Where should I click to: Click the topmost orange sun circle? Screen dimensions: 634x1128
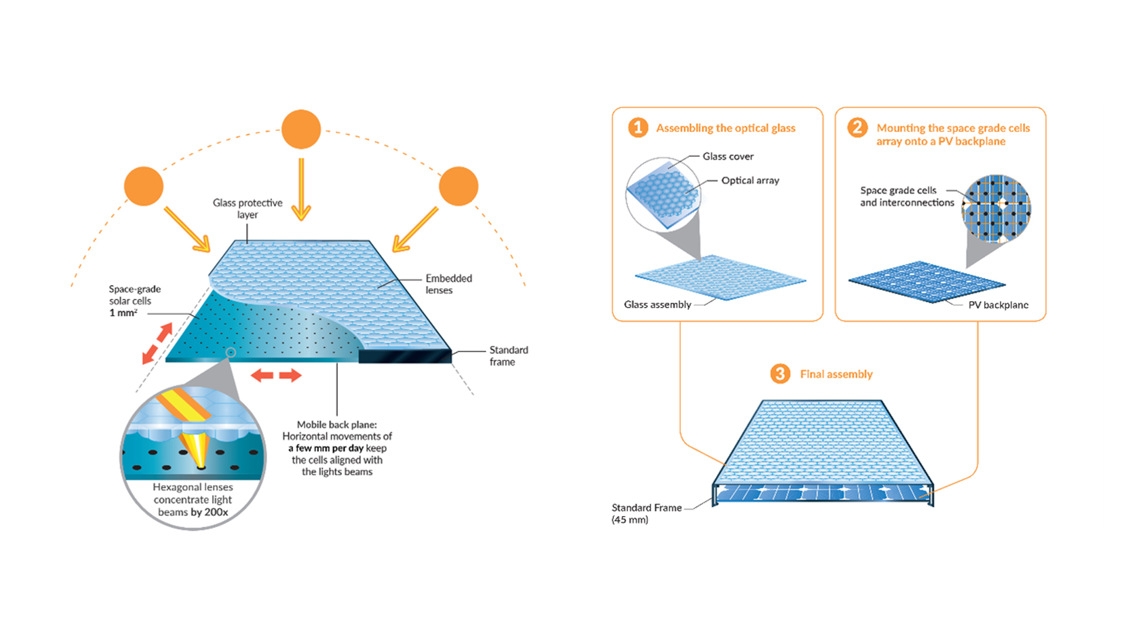pos(301,129)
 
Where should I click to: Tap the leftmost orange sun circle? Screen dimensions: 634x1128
pos(143,186)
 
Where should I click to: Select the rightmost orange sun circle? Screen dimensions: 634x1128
pos(458,186)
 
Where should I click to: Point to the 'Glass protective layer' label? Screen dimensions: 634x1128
pos(247,208)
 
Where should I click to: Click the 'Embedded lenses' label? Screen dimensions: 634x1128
pos(448,284)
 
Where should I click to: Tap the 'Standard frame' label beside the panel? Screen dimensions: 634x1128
pos(508,356)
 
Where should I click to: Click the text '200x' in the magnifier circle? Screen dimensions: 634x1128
pos(216,512)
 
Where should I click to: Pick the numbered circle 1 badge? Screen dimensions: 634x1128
pos(638,127)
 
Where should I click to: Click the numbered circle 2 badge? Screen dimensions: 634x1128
pos(857,127)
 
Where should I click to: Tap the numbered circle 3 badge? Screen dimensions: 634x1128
pos(780,373)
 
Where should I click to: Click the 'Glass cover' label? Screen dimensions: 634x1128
pos(728,156)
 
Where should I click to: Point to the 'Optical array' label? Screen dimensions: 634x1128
pos(750,180)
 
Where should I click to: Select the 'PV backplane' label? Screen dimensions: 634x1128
pos(998,305)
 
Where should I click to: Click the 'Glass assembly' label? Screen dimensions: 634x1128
pos(657,304)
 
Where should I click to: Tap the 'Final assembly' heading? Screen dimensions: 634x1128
pos(836,374)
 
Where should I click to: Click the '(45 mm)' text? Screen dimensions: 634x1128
pos(630,520)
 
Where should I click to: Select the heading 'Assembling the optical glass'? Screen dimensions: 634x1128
pos(726,128)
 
